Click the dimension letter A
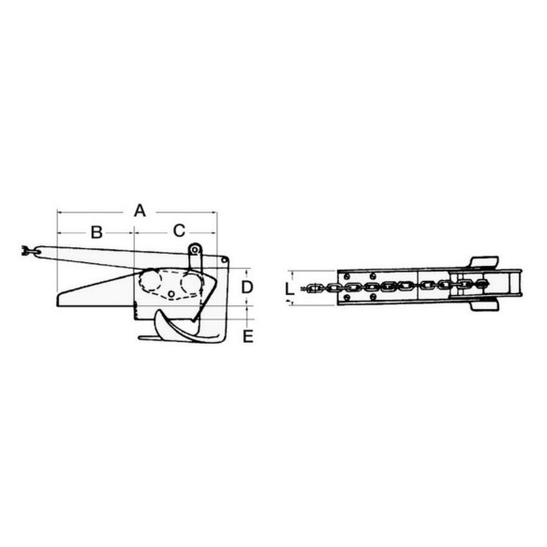(x=140, y=211)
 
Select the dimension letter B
(x=96, y=232)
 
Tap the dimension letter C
(x=179, y=230)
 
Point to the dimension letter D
(x=247, y=288)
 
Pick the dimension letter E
(x=247, y=336)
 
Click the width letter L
(x=289, y=289)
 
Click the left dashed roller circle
(x=150, y=280)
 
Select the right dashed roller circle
(x=191, y=283)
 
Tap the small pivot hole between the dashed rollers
(x=171, y=294)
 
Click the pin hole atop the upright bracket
(x=195, y=250)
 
